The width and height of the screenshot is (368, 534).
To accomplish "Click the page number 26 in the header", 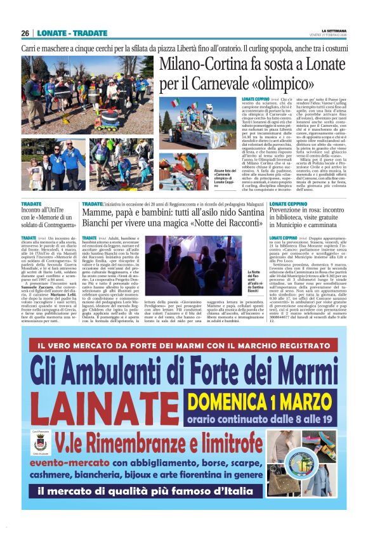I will click(x=25, y=33).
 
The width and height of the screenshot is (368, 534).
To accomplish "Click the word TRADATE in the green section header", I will click(x=89, y=33).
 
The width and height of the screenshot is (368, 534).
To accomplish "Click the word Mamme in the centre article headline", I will click(x=98, y=212).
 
